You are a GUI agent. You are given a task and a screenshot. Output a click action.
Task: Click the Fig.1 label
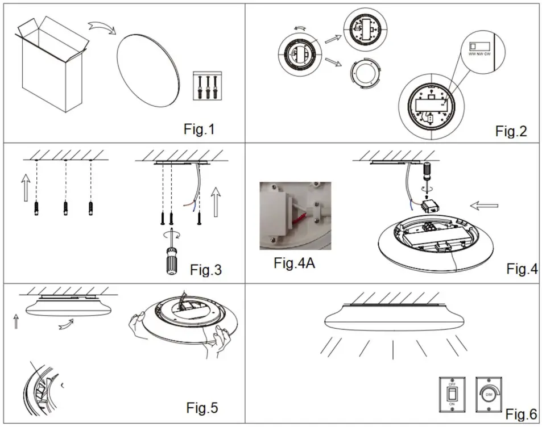pyautogui.click(x=199, y=129)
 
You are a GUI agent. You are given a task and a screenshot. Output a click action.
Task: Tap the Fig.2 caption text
pyautogui.click(x=511, y=131)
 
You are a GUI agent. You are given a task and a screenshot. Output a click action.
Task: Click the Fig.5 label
pyautogui.click(x=202, y=407)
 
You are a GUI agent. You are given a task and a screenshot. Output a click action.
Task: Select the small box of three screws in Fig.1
pyautogui.click(x=206, y=86)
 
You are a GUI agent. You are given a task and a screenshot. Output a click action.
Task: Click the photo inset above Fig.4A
pyautogui.click(x=295, y=216)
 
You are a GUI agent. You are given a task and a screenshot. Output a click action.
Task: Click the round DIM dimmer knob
pyautogui.click(x=489, y=393)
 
